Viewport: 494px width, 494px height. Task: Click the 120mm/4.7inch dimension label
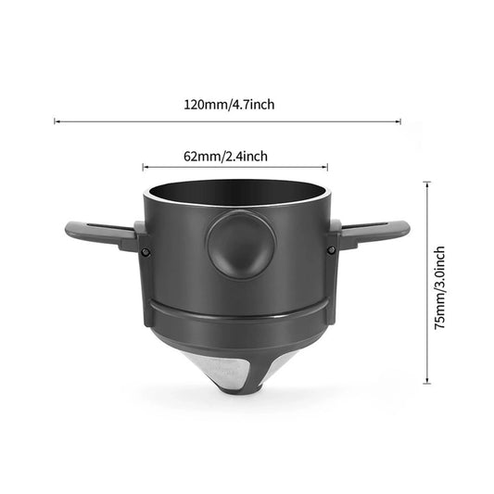[x=229, y=105]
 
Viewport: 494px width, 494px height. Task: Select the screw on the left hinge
[x=147, y=252]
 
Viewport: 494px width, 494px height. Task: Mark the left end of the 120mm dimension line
[x=55, y=120]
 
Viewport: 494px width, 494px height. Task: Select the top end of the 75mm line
[x=426, y=184]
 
